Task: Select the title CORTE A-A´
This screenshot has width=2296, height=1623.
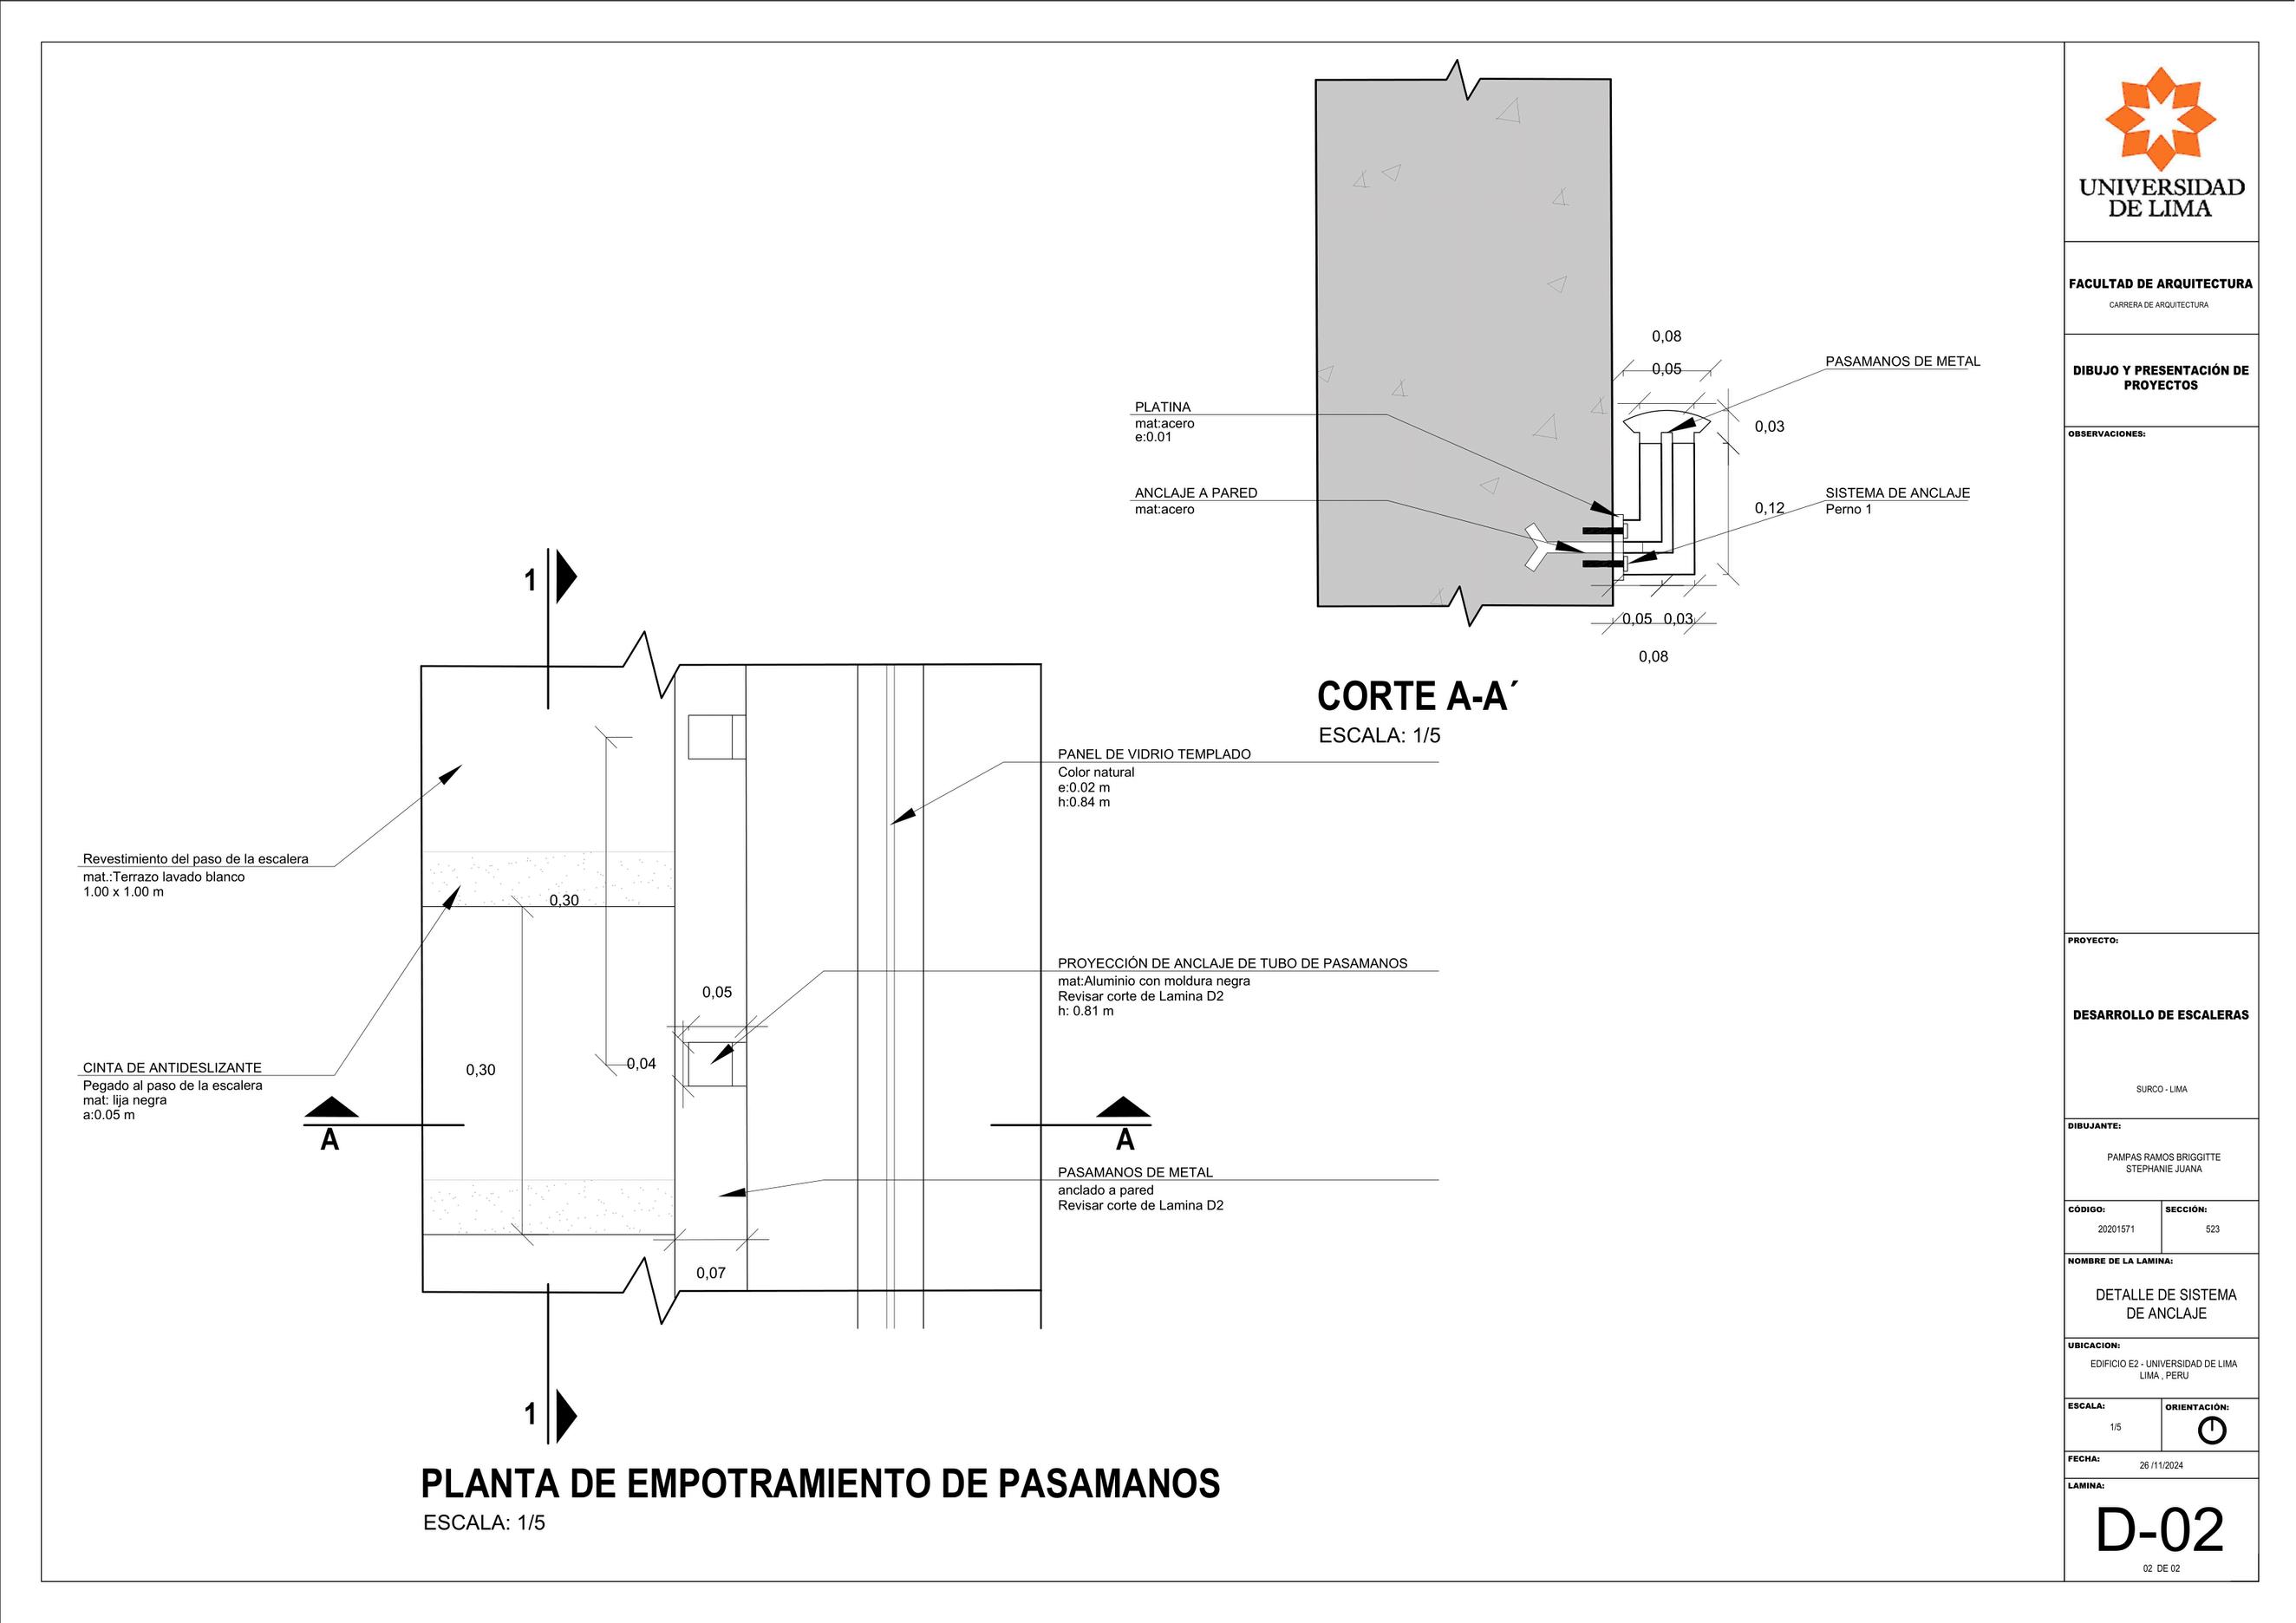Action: pyautogui.click(x=1417, y=697)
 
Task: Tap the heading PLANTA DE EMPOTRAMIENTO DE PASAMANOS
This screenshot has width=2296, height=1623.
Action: pyautogui.click(x=820, y=1484)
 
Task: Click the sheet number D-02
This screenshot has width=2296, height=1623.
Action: pyautogui.click(x=2160, y=1531)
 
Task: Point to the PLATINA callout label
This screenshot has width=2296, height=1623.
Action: pyautogui.click(x=1162, y=407)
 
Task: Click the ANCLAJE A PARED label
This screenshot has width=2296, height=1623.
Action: pyautogui.click(x=1195, y=493)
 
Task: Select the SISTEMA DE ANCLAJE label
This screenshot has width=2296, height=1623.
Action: pyautogui.click(x=1897, y=493)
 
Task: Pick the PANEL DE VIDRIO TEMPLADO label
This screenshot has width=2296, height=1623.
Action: pyautogui.click(x=1154, y=754)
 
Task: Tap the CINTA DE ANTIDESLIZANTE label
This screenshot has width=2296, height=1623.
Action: pyautogui.click(x=172, y=1068)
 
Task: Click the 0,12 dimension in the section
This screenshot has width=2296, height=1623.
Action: pyautogui.click(x=1769, y=508)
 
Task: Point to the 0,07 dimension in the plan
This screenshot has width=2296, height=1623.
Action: pyautogui.click(x=711, y=1273)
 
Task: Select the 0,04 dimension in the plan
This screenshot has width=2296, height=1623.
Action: pyautogui.click(x=641, y=1063)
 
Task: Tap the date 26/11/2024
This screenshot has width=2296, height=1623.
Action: pyautogui.click(x=2161, y=1465)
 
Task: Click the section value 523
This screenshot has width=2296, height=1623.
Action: pyautogui.click(x=2212, y=1229)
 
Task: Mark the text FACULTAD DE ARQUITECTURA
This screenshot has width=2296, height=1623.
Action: pyautogui.click(x=2160, y=284)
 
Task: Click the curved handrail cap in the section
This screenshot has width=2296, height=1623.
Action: pyautogui.click(x=1666, y=422)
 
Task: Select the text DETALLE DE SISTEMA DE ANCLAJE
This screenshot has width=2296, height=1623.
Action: pyautogui.click(x=2166, y=1304)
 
